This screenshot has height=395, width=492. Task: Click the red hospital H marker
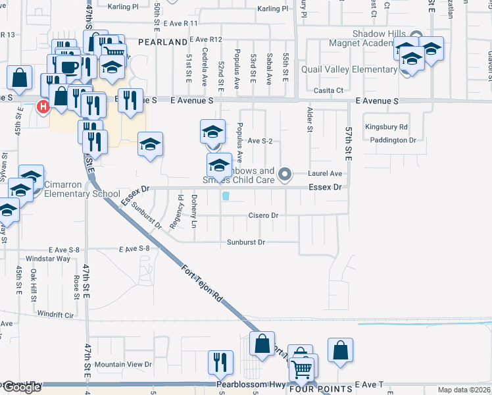tap(43, 106)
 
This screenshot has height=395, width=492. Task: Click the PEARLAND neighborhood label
tap(163, 42)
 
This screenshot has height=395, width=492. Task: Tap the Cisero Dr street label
tap(264, 215)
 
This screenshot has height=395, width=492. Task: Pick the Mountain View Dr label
tap(123, 364)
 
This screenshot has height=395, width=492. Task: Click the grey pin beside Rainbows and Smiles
tap(285, 174)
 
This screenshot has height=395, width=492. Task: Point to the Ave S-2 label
tap(260, 141)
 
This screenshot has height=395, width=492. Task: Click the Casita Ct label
tap(329, 90)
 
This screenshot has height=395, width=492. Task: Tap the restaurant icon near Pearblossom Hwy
tap(220, 361)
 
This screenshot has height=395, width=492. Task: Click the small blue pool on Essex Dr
tap(226, 196)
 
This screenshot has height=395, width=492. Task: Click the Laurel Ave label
tap(326, 174)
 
